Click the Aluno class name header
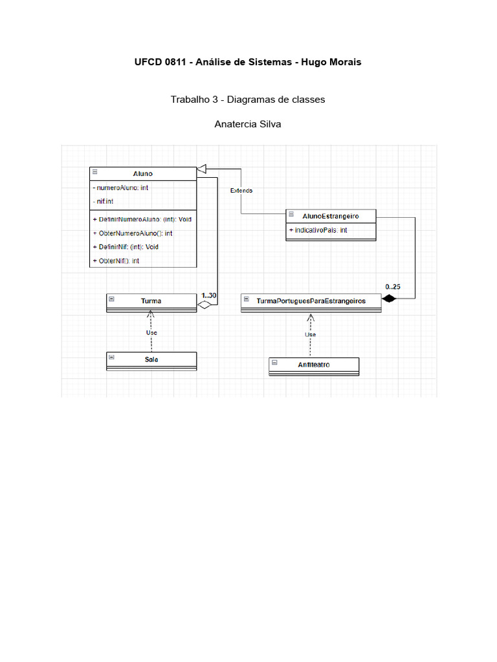143,173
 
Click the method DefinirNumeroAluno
142,219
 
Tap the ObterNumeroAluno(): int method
133,233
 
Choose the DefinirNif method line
126,247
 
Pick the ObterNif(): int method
116,261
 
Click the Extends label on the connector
241,191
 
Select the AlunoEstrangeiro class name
331,215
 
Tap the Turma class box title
151,301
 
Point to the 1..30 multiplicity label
209,295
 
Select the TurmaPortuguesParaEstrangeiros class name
311,301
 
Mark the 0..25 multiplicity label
393,286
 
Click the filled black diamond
388,298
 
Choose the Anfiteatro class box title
314,364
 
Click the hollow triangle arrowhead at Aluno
201,169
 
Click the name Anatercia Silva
248,123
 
